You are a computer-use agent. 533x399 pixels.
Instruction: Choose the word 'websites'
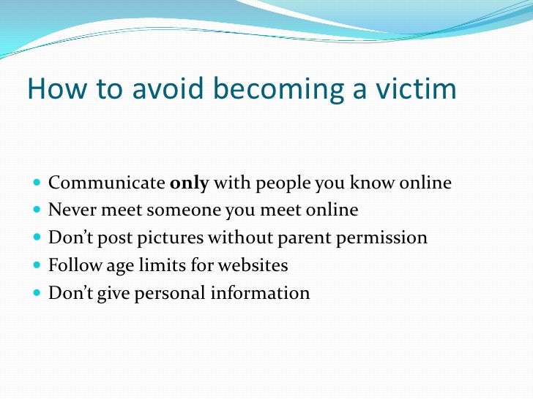point(253,265)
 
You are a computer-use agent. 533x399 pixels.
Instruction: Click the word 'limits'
point(165,265)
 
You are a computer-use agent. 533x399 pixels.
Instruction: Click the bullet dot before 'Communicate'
point(37,183)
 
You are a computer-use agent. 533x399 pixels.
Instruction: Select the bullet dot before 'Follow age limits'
point(37,266)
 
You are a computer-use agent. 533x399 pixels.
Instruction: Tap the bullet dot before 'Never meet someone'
point(37,211)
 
